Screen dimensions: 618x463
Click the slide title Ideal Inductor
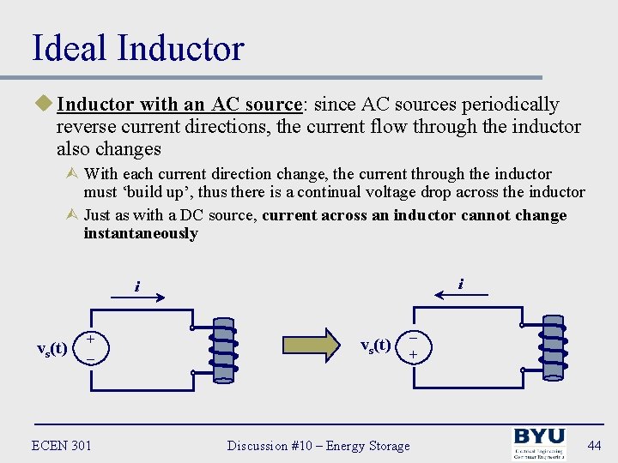pos(137,48)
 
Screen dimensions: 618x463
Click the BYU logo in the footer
pos(538,444)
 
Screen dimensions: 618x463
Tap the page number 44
pos(591,445)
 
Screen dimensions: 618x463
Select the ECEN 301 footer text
pos(61,445)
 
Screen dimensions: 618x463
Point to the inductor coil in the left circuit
pos(222,348)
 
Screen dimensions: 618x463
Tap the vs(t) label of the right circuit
pos(375,346)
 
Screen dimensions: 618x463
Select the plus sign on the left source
pos(90,340)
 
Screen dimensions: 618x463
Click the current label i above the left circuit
pos(136,286)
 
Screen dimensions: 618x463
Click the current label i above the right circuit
pos(461,283)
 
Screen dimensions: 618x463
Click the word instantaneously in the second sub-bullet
pos(141,233)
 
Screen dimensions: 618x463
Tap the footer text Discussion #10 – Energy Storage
pos(318,445)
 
